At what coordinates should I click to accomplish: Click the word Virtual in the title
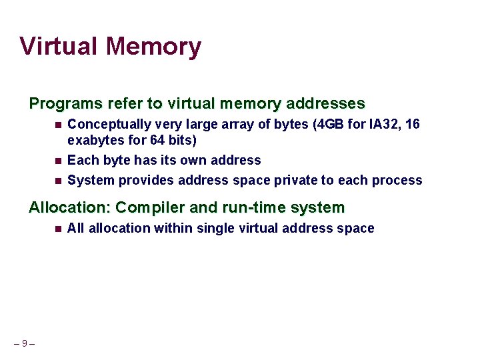pyautogui.click(x=59, y=46)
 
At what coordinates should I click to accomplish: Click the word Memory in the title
pyautogui.click(x=153, y=46)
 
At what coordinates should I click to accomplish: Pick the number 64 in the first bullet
pyautogui.click(x=158, y=141)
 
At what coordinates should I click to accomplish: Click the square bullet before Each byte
pyautogui.click(x=58, y=161)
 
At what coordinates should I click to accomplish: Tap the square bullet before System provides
pyautogui.click(x=58, y=181)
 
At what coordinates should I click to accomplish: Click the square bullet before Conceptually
pyautogui.click(x=58, y=125)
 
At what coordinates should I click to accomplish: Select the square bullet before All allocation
pyautogui.click(x=58, y=229)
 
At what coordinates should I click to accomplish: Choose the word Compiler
pyautogui.click(x=145, y=208)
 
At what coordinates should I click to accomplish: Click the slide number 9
pyautogui.click(x=24, y=344)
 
